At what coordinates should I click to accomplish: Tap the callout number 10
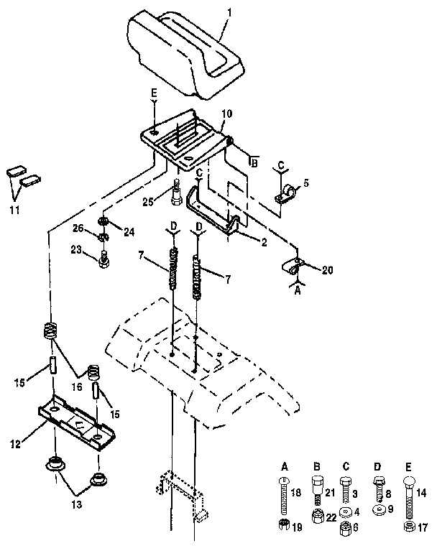pyautogui.click(x=226, y=114)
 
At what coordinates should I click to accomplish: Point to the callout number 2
pyautogui.click(x=264, y=243)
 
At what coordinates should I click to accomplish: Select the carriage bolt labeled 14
pyautogui.click(x=410, y=498)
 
